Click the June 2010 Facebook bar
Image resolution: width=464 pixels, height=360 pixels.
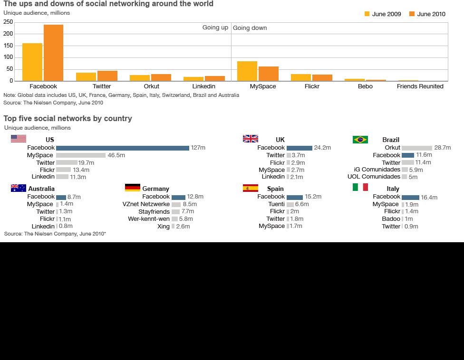click(53, 53)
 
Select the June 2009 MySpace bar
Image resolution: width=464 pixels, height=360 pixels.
click(247, 71)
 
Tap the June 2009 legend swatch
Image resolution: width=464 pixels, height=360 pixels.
click(367, 14)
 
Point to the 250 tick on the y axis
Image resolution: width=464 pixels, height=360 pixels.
click(8, 22)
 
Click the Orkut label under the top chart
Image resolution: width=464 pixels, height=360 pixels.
click(152, 86)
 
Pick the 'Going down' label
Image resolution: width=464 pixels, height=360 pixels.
click(250, 28)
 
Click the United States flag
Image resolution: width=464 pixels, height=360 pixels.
click(19, 139)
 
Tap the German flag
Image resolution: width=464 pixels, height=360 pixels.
click(132, 188)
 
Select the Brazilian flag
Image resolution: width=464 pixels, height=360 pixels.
click(360, 140)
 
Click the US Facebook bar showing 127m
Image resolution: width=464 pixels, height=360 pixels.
click(122, 148)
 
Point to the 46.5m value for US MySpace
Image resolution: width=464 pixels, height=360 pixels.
click(116, 155)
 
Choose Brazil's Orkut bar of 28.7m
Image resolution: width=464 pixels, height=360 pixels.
click(416, 148)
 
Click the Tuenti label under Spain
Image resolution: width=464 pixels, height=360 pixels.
click(276, 204)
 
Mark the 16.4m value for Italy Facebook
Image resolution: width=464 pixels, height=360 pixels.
click(429, 198)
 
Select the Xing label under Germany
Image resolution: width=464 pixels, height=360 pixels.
click(164, 227)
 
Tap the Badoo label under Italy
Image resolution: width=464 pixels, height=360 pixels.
click(391, 219)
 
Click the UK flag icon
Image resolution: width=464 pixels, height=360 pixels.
click(250, 139)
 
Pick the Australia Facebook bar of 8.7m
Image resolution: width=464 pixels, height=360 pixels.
click(61, 197)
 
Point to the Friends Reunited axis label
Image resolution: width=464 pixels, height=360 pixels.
click(420, 86)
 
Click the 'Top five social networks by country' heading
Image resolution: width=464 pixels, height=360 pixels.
click(68, 119)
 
